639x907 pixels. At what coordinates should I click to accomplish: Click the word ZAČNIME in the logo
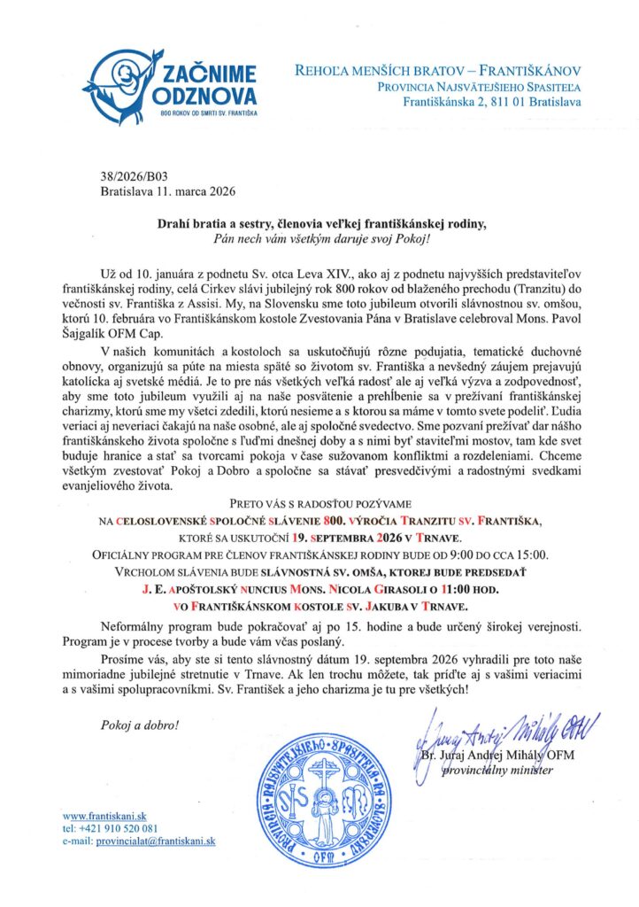pos(205,74)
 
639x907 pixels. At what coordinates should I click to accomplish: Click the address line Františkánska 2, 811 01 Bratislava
pos(492,104)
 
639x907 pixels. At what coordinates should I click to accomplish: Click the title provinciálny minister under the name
pos(502,770)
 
